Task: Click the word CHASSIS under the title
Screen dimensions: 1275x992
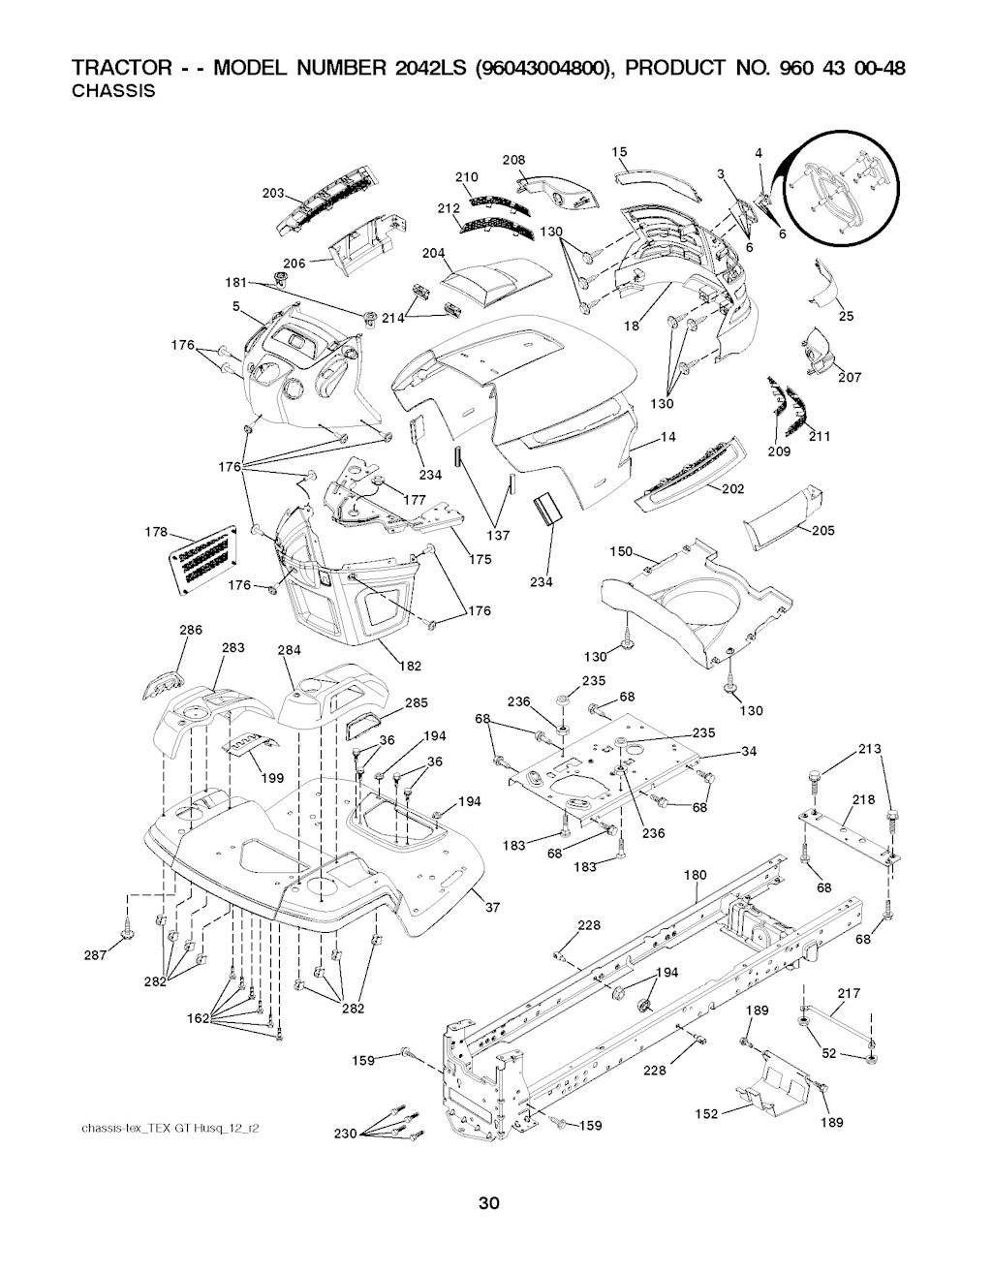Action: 114,93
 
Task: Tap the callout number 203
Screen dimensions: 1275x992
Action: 273,193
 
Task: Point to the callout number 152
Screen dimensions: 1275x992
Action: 706,1114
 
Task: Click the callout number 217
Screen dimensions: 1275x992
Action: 848,993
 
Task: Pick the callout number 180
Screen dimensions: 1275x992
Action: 695,875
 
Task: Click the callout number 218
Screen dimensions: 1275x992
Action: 864,799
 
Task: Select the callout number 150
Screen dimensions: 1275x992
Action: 620,551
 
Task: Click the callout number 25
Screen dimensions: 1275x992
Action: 846,315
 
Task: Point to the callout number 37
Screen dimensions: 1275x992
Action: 492,907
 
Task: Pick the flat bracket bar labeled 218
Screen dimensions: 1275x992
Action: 848,831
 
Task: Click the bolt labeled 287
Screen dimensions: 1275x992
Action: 127,930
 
